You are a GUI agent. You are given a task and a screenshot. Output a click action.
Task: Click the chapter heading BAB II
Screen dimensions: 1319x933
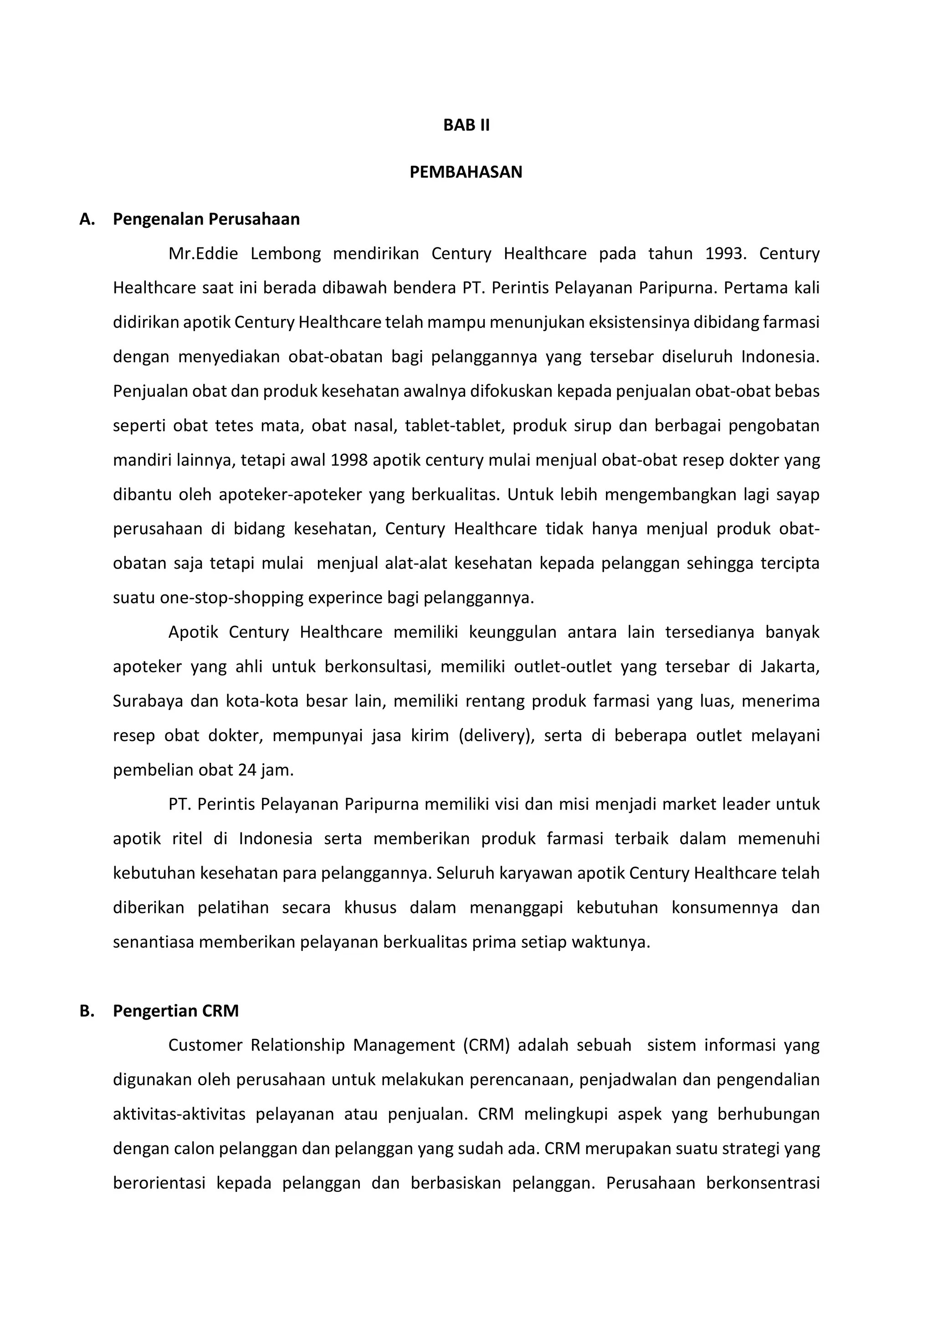(466, 125)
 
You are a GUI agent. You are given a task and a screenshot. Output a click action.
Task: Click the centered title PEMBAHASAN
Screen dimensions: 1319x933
(466, 172)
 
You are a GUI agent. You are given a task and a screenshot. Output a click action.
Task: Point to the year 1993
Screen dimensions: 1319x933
(725, 254)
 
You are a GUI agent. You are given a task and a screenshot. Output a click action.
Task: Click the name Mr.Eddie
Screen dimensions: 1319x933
(203, 254)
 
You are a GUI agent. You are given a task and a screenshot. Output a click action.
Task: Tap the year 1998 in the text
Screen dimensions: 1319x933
(349, 461)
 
